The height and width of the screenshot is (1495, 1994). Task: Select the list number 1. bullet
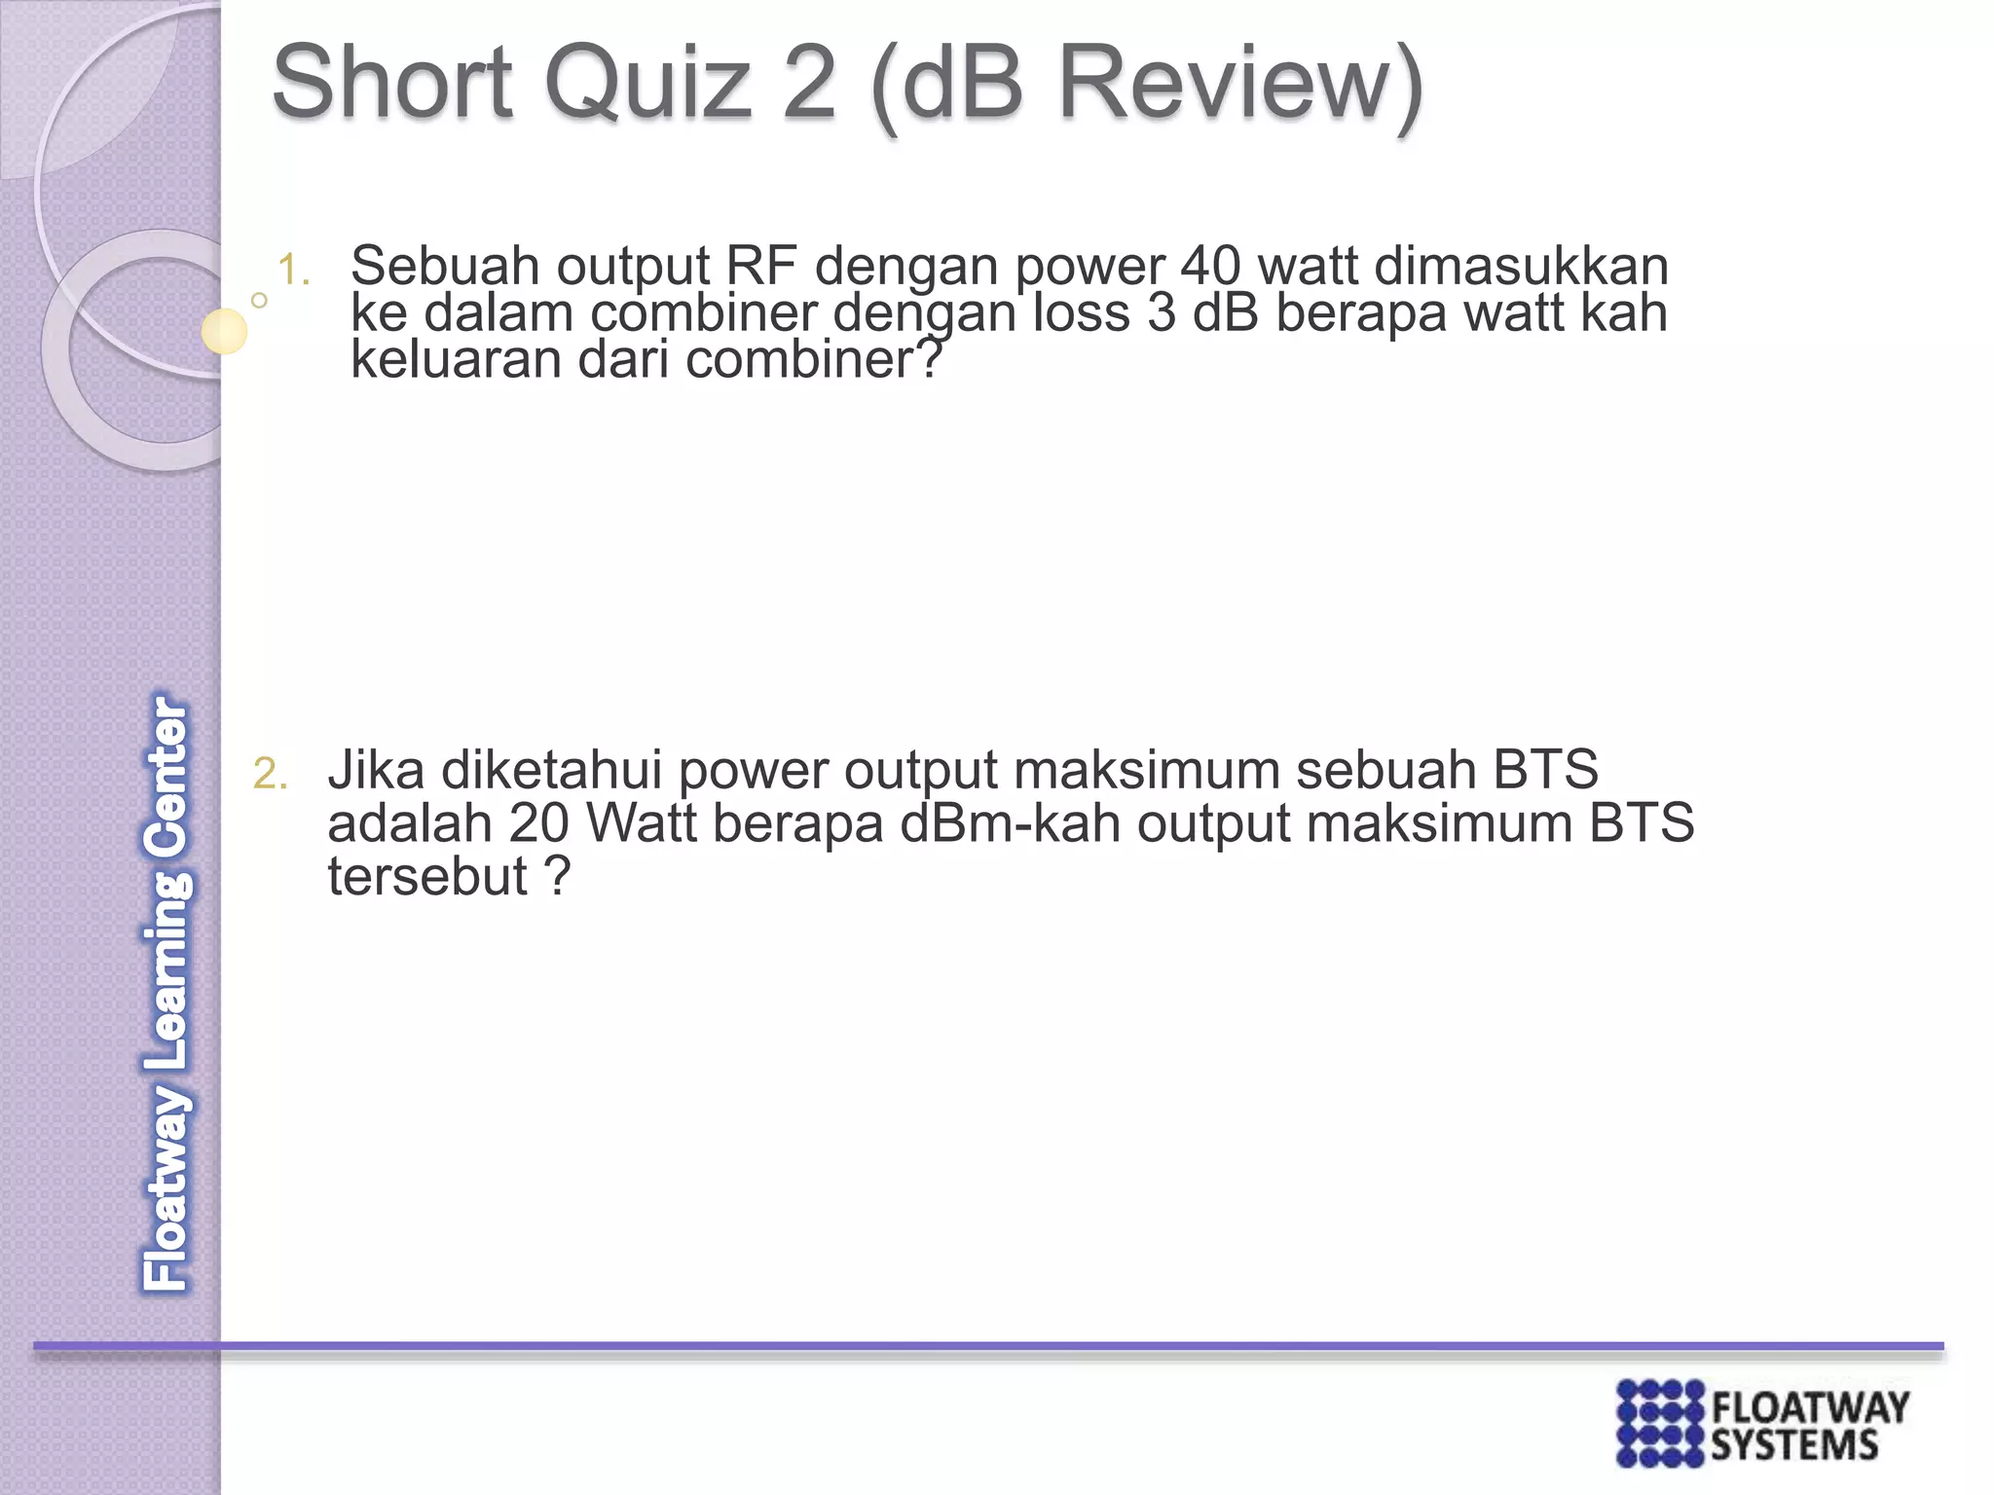[x=293, y=271]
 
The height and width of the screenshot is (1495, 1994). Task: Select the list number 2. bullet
[x=270, y=775]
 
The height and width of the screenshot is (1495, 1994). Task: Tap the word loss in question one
[x=1080, y=312]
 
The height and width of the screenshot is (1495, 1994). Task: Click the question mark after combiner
[x=930, y=359]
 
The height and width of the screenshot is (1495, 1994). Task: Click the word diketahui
[x=551, y=770]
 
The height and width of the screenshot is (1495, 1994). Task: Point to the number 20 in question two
[x=537, y=823]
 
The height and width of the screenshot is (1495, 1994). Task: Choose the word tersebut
[x=426, y=876]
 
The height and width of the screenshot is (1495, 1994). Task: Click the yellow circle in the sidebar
[x=224, y=331]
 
